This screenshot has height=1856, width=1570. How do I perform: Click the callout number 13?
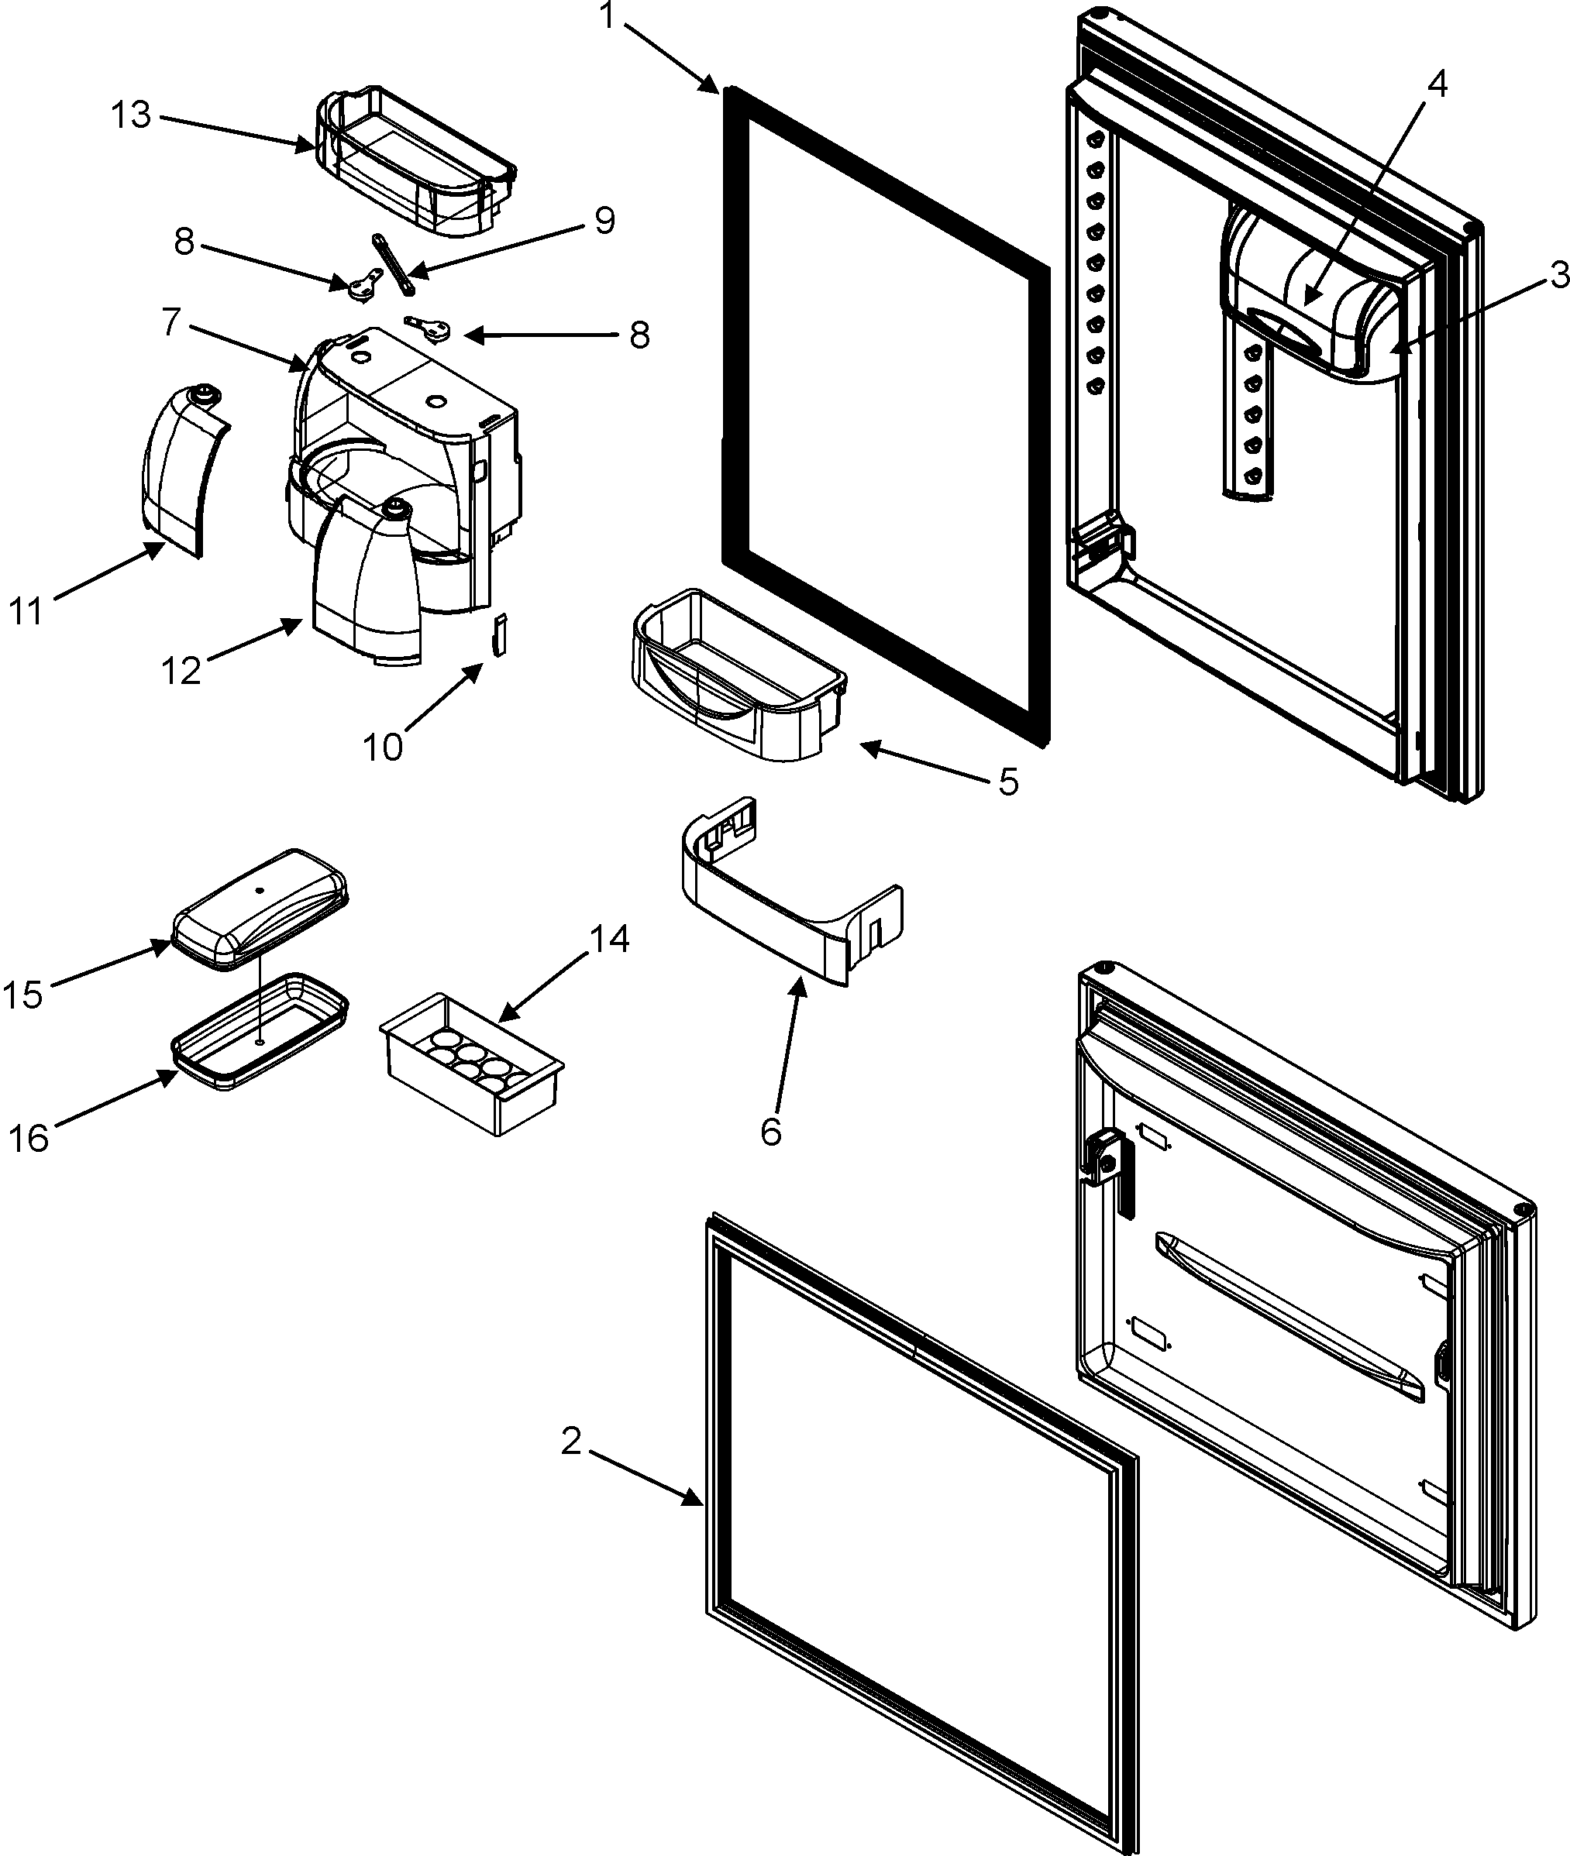(131, 115)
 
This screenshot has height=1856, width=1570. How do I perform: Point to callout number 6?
(771, 1132)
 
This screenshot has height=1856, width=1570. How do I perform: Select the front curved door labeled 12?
(365, 587)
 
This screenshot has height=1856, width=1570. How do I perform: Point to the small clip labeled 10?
(500, 634)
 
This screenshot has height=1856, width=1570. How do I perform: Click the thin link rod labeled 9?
(394, 265)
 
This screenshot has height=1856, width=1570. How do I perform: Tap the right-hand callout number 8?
(639, 335)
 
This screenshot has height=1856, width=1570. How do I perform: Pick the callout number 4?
(1437, 84)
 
